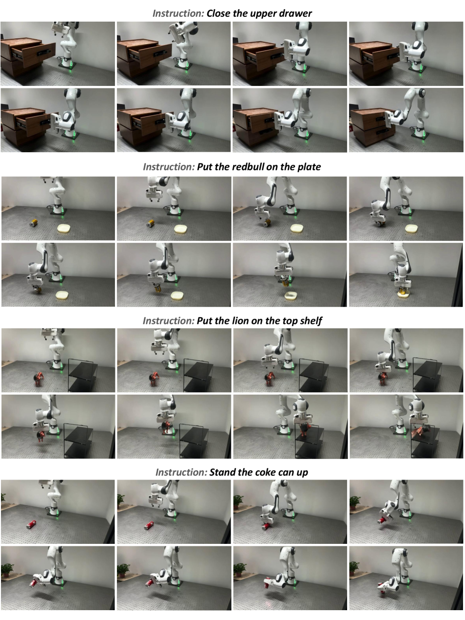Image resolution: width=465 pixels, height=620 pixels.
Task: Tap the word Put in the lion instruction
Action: [204, 321]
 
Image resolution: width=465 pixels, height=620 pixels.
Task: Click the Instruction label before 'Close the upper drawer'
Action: [178, 13]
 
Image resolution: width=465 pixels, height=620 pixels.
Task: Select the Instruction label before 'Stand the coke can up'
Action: [181, 472]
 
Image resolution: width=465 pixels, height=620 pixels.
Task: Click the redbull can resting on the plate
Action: [403, 291]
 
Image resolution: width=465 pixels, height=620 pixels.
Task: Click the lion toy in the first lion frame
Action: [39, 379]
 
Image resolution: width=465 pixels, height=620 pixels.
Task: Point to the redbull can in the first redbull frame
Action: [34, 223]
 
